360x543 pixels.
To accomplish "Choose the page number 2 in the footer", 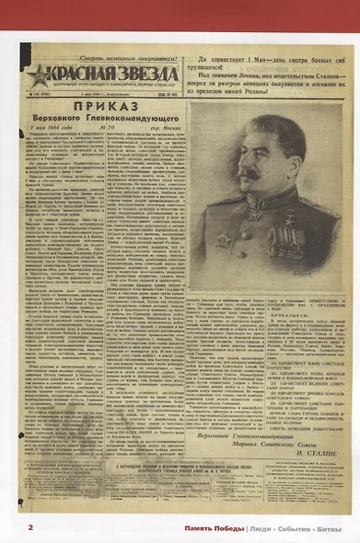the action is pos(30,527).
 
